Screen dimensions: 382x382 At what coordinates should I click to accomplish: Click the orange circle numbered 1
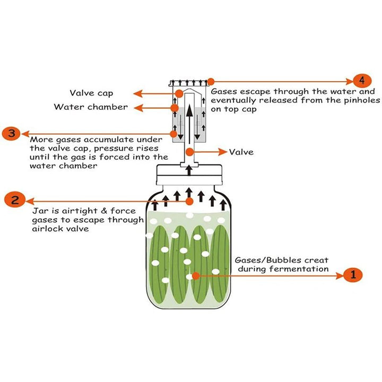click(353, 275)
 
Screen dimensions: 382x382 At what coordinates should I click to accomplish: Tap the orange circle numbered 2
click(15, 200)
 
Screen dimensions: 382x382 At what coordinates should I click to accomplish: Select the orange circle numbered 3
click(11, 133)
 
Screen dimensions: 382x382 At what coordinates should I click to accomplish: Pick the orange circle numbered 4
click(361, 81)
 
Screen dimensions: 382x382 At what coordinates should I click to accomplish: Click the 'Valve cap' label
click(91, 93)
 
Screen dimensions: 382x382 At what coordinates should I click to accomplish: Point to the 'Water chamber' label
click(91, 107)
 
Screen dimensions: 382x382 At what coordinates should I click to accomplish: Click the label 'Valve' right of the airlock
click(241, 152)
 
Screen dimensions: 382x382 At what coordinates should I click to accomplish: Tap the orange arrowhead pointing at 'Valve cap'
click(137, 94)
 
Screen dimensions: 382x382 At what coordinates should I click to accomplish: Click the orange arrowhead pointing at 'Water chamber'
click(137, 108)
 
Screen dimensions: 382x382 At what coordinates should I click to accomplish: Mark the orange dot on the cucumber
click(196, 275)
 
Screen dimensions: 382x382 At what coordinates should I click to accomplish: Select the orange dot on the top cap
click(211, 82)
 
